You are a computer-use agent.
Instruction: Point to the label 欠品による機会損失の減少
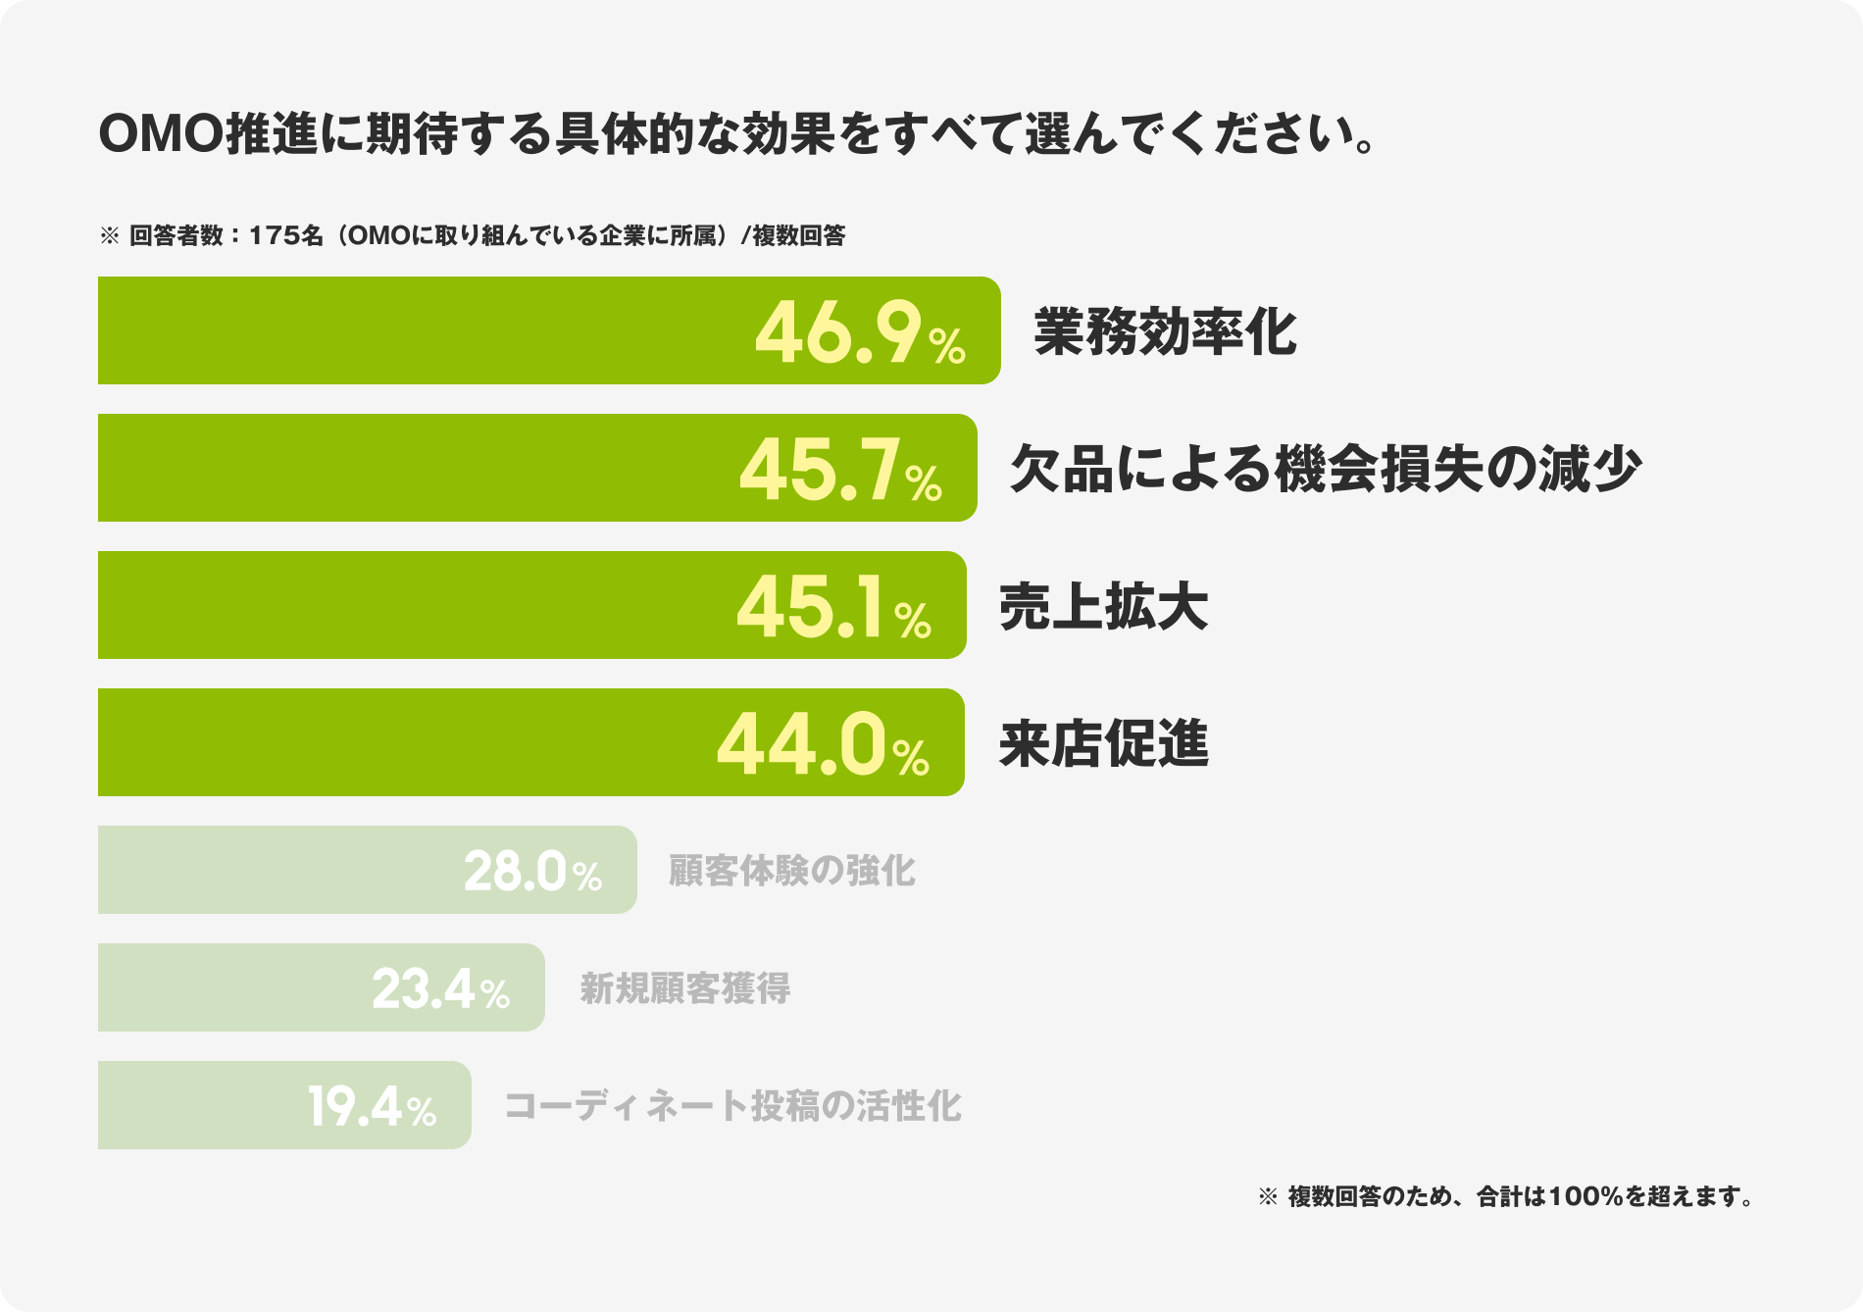pyautogui.click(x=1325, y=469)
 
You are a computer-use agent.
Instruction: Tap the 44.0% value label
pyautogui.click(x=823, y=746)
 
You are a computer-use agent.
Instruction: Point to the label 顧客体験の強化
pyautogui.click(x=791, y=870)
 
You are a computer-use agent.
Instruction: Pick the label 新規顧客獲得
pyautogui.click(x=684, y=987)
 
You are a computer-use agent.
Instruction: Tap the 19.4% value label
pyautogui.click(x=372, y=1107)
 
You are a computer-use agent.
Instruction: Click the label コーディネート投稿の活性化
pyautogui.click(x=732, y=1106)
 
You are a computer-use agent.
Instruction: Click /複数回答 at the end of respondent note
pyautogui.click(x=793, y=236)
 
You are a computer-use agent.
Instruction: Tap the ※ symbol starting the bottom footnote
pyautogui.click(x=1268, y=1197)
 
